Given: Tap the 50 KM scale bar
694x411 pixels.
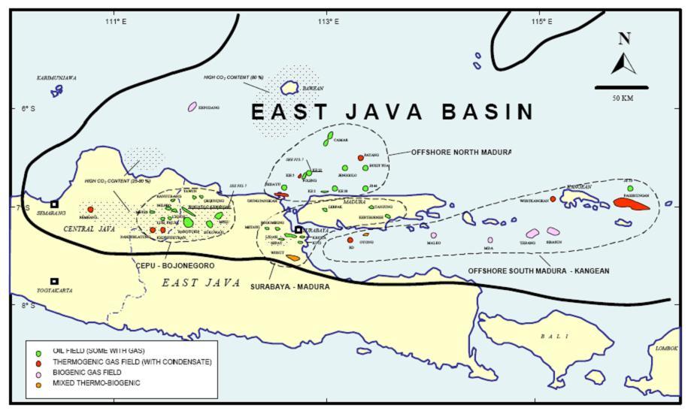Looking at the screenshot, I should pos(621,88).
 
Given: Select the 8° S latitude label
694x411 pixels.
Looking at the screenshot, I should pos(29,305).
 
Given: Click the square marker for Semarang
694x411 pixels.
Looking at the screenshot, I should pos(54,204).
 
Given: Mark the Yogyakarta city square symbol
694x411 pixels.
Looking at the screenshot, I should pos(54,281).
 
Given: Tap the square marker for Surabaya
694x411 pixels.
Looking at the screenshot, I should pos(299,230).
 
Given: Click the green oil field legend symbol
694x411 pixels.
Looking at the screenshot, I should pos(38,352).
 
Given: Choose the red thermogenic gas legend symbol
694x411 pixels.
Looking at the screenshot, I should pos(38,362).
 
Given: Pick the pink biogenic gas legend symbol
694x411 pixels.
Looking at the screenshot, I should pos(38,373).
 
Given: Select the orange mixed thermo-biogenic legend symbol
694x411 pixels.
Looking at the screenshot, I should pos(38,383).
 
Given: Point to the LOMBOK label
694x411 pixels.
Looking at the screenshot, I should pos(666,349).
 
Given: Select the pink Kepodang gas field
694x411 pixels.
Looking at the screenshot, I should pos(192,107).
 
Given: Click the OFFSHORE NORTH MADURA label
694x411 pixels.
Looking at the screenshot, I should pos(460,152).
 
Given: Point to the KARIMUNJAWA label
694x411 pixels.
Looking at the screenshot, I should pos(56,77).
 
